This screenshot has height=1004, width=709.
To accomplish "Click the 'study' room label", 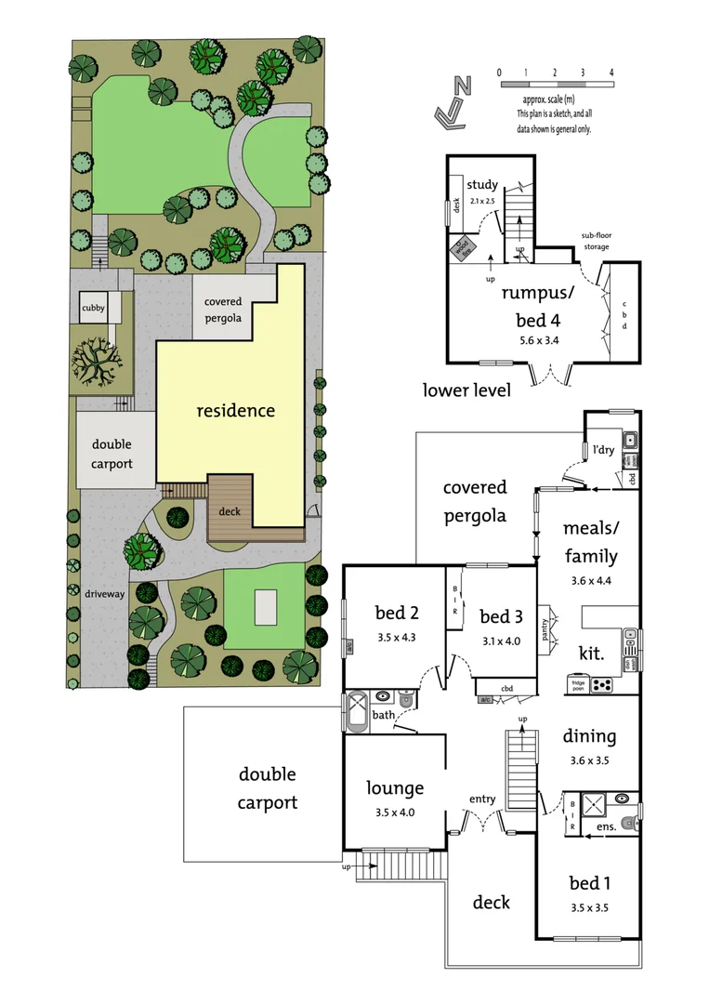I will point(482,184).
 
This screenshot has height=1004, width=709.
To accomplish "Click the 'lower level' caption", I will point(466,390).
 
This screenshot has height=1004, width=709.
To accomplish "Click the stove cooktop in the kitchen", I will point(601,685).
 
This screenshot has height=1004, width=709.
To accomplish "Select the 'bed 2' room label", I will point(396,613).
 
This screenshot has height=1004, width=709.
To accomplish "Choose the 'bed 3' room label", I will point(501,616).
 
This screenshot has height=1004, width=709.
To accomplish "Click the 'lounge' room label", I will point(394,788).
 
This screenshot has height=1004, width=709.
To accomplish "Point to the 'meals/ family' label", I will point(590,542).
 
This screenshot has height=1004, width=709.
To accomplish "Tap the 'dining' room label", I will point(589,736).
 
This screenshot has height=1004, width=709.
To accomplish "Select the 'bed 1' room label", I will point(590,882).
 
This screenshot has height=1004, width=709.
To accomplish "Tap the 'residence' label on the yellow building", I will point(235,410).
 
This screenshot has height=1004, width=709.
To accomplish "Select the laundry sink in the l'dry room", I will point(629,439).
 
